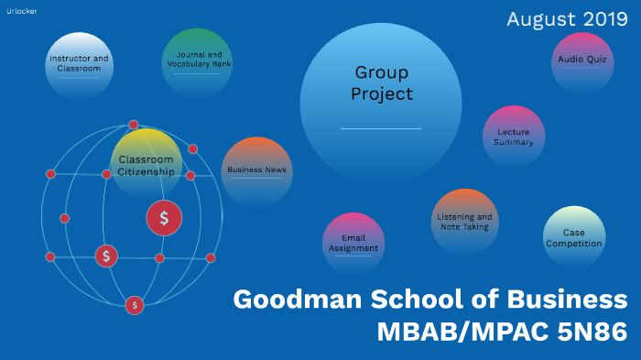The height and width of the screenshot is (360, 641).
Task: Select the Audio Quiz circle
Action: tap(581, 61)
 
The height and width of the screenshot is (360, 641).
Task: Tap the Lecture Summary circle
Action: tap(514, 136)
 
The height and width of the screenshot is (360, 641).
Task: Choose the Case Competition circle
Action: tap(573, 237)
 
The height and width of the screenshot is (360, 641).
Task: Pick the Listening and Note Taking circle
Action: tap(464, 221)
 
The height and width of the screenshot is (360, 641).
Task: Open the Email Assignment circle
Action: tap(353, 243)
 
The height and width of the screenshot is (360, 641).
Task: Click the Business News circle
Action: tap(257, 170)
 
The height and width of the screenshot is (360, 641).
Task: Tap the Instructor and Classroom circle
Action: tap(79, 64)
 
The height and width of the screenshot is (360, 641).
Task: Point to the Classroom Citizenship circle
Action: tap(147, 163)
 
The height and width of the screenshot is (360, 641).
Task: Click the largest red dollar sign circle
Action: tap(164, 218)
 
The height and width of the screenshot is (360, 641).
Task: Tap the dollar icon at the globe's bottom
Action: tap(135, 304)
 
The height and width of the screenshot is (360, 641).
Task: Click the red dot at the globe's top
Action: tap(134, 125)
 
